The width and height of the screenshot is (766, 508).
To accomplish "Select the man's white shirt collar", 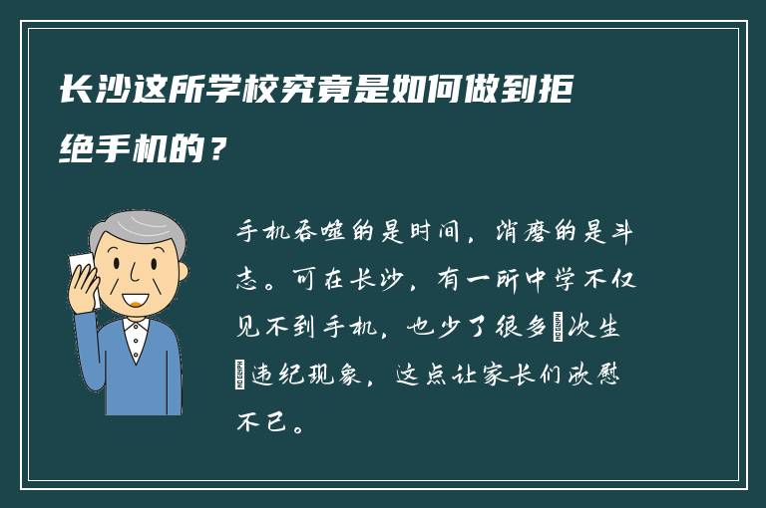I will pyautogui.click(x=135, y=326).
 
